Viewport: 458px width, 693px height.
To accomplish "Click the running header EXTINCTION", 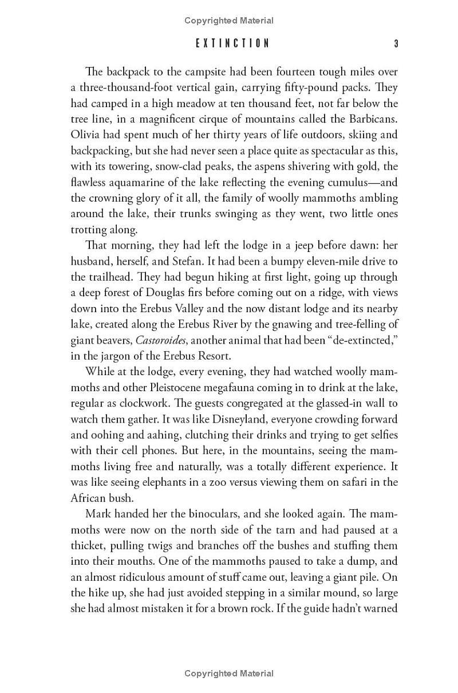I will click(x=232, y=44).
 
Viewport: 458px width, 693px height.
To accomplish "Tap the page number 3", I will click(x=396, y=44).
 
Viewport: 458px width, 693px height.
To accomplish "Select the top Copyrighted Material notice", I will click(x=229, y=21).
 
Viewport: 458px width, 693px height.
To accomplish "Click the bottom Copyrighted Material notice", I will click(x=229, y=674).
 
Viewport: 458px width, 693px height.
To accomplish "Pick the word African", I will click(x=88, y=498).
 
